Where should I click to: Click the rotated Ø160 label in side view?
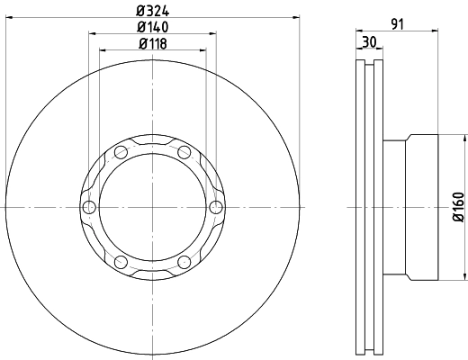(459, 207)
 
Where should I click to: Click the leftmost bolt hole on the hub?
(88, 208)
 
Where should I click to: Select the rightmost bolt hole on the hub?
(215, 208)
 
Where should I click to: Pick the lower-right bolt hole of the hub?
(184, 263)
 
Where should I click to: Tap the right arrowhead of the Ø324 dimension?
(297, 19)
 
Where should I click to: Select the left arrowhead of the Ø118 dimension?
(101, 51)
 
